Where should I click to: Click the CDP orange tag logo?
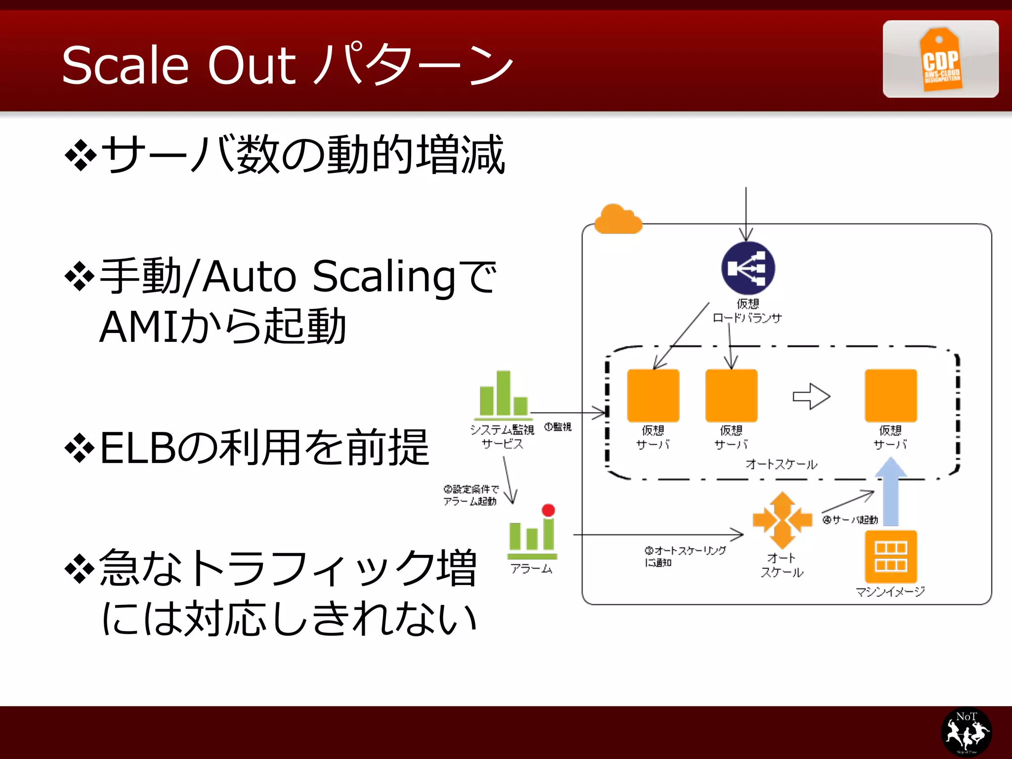[940, 60]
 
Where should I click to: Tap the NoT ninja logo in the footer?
[966, 732]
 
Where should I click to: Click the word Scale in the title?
[126, 65]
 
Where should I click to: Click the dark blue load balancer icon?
[748, 268]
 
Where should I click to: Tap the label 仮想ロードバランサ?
[747, 311]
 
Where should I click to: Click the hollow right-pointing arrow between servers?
[811, 396]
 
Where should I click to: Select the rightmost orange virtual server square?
[890, 395]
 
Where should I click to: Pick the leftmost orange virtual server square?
[653, 395]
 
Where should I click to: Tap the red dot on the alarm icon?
[548, 510]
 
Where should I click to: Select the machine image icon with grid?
[890, 556]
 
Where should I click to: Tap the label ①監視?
[557, 427]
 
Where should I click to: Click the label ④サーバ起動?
[850, 520]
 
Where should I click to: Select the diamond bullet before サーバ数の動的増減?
[80, 156]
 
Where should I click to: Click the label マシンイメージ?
[890, 591]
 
